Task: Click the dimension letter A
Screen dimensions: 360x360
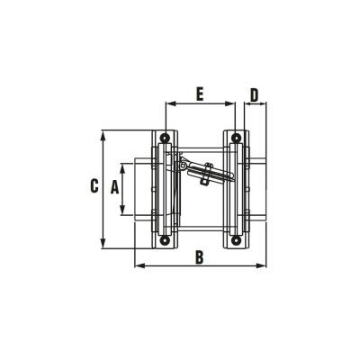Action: point(114,187)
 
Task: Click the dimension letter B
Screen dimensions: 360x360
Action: point(199,257)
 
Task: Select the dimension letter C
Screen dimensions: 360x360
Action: point(94,187)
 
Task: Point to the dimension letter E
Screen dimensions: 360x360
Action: point(200,93)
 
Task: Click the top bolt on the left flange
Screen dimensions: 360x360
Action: point(166,137)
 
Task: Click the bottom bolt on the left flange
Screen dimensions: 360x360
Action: point(166,240)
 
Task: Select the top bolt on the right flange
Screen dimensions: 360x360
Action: point(235,137)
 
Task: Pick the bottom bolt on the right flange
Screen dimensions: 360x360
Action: point(235,240)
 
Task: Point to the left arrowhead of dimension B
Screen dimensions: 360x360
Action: point(136,266)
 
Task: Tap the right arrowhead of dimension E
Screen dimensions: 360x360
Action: point(232,103)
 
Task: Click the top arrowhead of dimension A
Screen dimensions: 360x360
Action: point(125,163)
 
